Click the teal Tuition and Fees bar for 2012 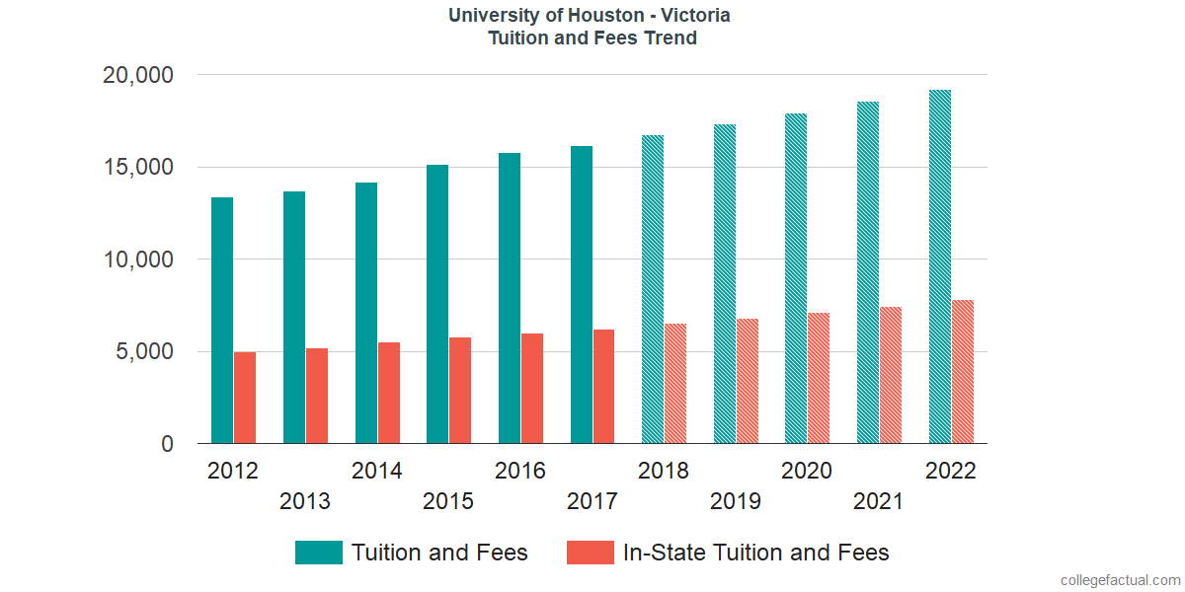coord(222,321)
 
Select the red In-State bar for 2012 coord(245,398)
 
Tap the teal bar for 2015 coord(437,304)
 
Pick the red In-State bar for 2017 coord(603,387)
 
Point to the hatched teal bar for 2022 coord(940,266)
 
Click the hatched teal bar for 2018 coord(653,289)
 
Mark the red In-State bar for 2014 coord(388,393)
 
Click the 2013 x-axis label coord(305,502)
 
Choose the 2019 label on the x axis coord(736,502)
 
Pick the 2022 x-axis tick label coord(950,472)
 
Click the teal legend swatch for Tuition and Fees coord(318,553)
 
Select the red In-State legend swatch coord(590,553)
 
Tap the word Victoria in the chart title coord(696,16)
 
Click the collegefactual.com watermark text coord(1120,580)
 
